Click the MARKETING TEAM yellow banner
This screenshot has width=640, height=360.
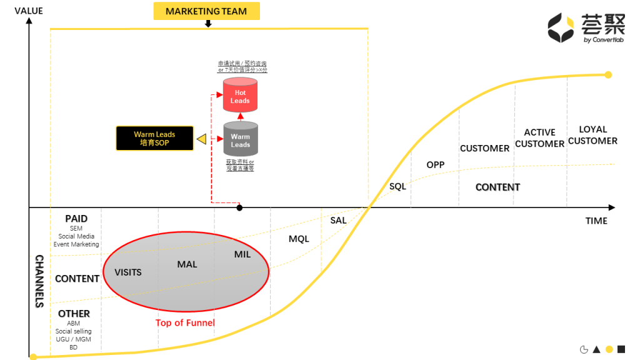206,11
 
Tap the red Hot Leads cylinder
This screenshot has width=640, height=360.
240,96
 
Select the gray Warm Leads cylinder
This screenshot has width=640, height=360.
240,140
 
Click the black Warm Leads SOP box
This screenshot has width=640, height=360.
154,138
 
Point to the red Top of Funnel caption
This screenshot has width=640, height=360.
185,322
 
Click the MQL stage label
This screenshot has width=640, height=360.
299,239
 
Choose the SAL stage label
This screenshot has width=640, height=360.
338,220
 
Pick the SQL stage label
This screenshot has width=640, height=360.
397,186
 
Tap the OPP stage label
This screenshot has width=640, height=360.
435,165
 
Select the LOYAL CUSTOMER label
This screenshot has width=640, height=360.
592,135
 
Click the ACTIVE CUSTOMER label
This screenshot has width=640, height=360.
539,138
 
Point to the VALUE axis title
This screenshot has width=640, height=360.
29,11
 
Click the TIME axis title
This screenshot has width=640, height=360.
596,221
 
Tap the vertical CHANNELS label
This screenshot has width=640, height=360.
39,281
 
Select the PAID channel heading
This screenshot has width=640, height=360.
76,219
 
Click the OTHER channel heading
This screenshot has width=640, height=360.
74,313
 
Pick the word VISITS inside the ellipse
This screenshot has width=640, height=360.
128,272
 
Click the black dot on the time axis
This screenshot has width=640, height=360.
239,207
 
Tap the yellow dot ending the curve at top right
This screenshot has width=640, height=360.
608,75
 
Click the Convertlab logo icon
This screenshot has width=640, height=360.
561,28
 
